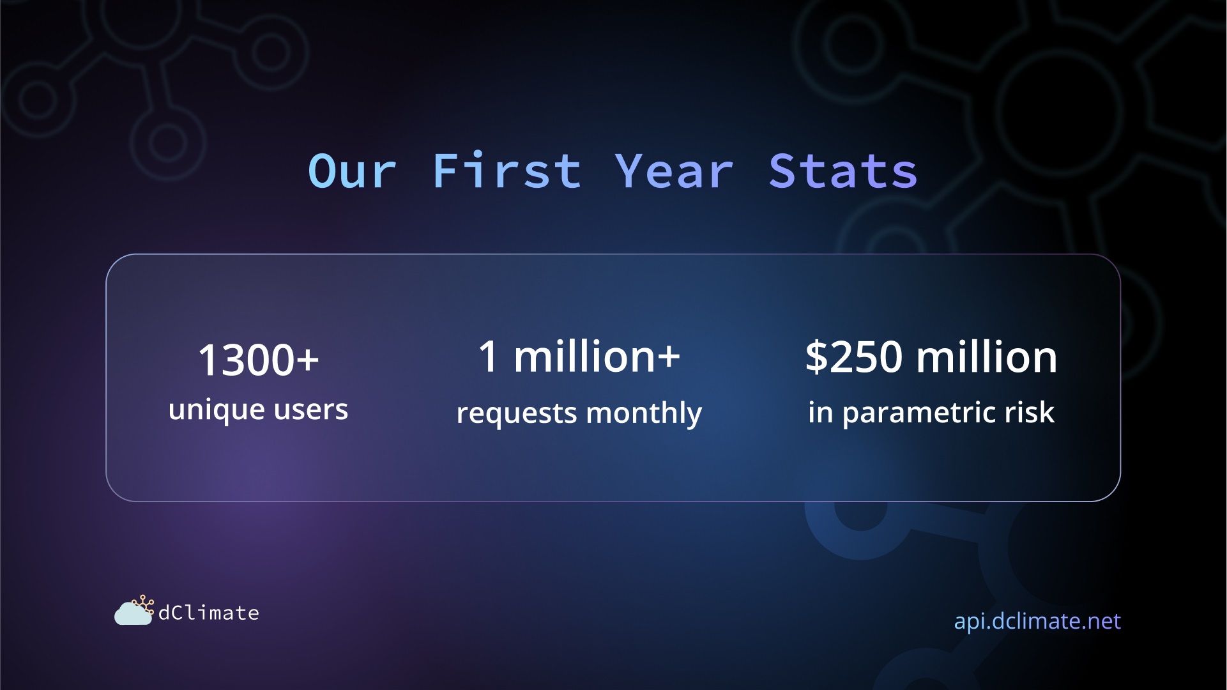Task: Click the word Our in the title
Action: [x=352, y=171]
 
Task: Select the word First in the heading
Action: [x=507, y=171]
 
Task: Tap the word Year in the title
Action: [x=674, y=171]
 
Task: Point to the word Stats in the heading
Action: [x=843, y=171]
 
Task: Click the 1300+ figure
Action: [x=259, y=360]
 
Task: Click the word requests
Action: [x=517, y=414]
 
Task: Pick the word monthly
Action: [x=644, y=413]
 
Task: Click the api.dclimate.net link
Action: [x=1037, y=621]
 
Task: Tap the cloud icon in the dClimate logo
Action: [x=133, y=612]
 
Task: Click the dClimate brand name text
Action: [x=209, y=613]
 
